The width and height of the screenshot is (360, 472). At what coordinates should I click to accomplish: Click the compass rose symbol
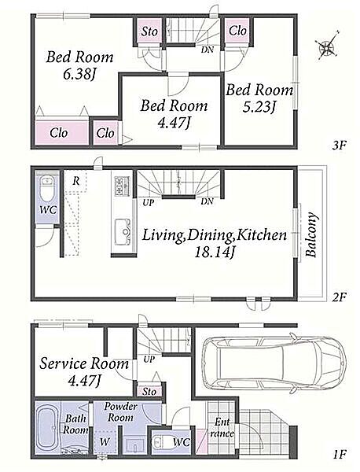pyautogui.click(x=327, y=45)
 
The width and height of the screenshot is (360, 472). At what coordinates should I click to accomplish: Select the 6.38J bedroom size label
pyautogui.click(x=79, y=75)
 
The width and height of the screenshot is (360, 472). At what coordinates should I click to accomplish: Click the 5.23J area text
pyautogui.click(x=259, y=107)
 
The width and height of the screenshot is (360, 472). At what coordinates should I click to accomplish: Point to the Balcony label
pyautogui.click(x=311, y=234)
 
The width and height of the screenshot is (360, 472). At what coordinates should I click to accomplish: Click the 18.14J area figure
pyautogui.click(x=214, y=252)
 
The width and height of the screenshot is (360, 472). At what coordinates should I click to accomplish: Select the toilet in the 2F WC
pyautogui.click(x=47, y=188)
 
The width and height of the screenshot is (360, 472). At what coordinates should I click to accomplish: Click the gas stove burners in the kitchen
pyautogui.click(x=122, y=186)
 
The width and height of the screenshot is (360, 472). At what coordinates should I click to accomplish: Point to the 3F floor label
pyautogui.click(x=340, y=146)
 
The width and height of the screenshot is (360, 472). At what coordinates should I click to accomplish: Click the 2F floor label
pyautogui.click(x=340, y=297)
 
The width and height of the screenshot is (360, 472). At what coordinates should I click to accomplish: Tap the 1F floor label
pyautogui.click(x=340, y=454)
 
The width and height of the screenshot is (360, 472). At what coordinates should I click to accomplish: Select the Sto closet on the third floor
pyautogui.click(x=149, y=31)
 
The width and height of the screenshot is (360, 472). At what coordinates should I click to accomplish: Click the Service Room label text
pyautogui.click(x=84, y=363)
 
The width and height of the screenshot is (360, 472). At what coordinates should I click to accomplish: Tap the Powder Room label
pyautogui.click(x=120, y=412)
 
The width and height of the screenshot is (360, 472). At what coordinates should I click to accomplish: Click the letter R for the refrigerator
pyautogui.click(x=76, y=181)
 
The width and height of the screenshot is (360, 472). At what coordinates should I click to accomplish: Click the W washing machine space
pyautogui.click(x=105, y=442)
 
